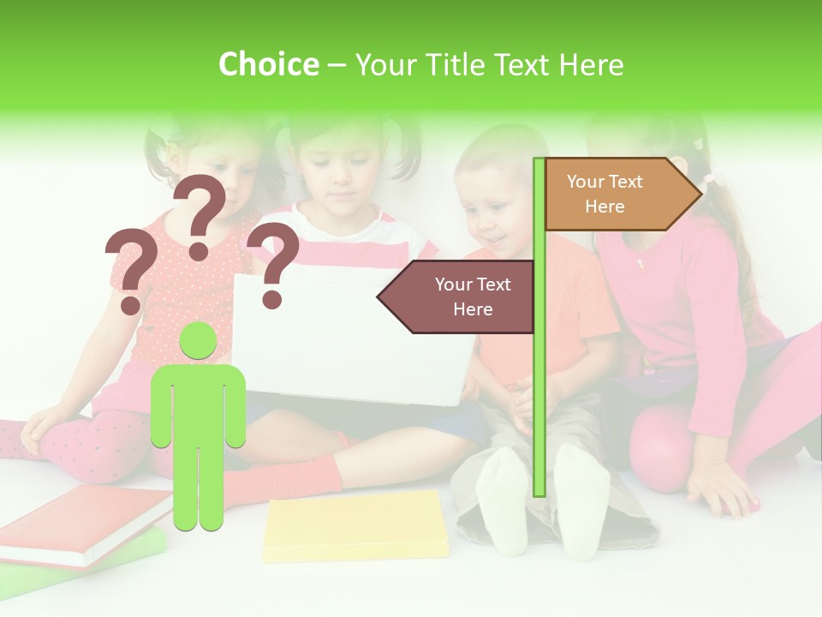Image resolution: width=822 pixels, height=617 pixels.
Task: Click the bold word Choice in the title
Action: point(268,65)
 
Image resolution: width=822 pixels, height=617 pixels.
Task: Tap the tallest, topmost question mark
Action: point(200,214)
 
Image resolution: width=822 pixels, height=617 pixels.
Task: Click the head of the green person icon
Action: point(199,341)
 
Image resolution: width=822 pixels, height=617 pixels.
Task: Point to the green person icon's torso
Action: point(199,403)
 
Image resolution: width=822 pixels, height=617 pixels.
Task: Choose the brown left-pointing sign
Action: point(462,297)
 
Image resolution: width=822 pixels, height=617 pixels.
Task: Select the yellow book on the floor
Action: point(355,524)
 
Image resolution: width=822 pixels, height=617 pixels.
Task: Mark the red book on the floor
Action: point(86,523)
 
